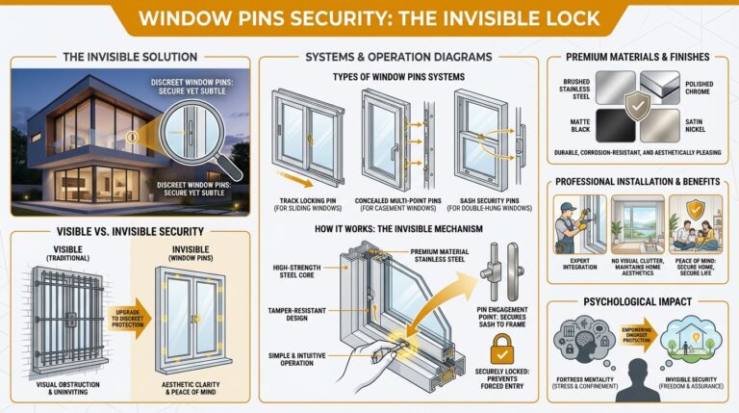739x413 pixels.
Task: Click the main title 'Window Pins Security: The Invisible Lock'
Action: pyautogui.click(x=369, y=18)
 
